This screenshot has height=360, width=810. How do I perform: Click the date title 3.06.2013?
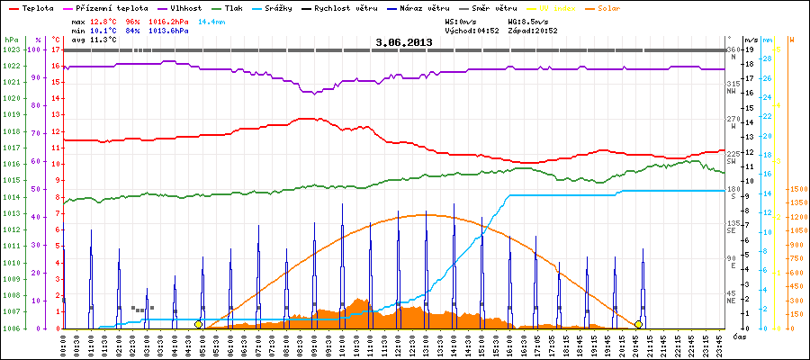(404, 41)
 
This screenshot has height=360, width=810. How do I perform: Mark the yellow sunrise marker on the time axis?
(198, 324)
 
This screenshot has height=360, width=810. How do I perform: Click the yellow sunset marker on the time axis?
(638, 324)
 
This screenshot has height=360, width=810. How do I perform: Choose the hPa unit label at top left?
(10, 40)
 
